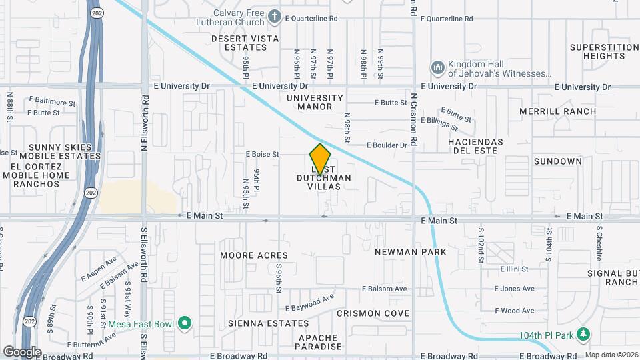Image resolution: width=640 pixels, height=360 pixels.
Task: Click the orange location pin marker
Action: point(320,159)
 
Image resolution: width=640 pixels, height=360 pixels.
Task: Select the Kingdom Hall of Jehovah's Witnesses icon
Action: point(438,68)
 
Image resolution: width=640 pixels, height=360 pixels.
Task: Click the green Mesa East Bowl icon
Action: point(185,325)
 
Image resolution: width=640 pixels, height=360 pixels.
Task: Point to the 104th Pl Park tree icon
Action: point(584,333)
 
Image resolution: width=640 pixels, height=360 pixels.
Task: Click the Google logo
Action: point(22,352)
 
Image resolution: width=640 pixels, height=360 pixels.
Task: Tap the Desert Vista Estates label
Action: point(245,43)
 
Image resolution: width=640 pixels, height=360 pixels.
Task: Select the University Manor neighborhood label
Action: point(315,102)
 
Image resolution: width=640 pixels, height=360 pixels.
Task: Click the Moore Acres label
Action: point(254,255)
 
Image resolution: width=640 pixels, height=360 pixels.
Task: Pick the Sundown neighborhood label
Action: point(558,161)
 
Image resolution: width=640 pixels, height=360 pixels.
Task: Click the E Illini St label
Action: point(511,269)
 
